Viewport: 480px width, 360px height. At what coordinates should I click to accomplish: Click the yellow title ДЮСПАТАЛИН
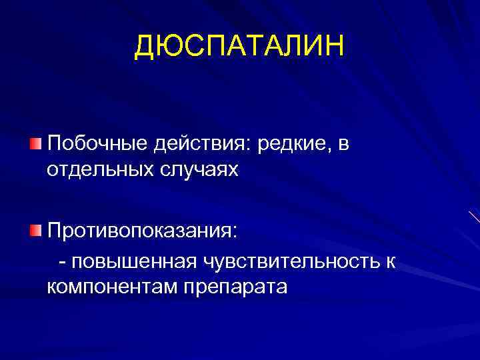click(x=240, y=47)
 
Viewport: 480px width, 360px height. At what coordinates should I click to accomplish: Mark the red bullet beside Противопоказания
click(x=35, y=231)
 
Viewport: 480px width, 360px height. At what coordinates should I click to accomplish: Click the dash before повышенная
click(x=62, y=263)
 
